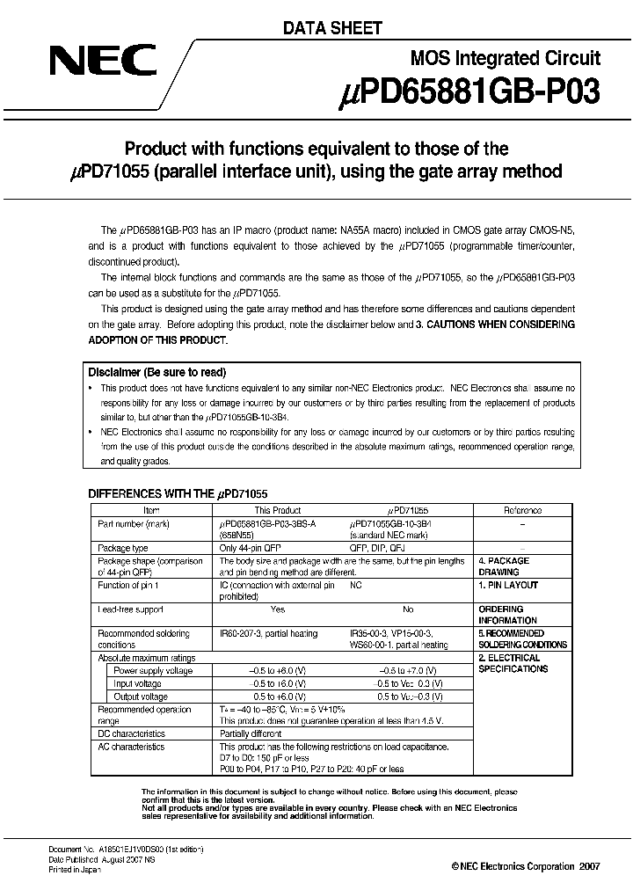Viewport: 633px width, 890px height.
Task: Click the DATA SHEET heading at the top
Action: [331, 28]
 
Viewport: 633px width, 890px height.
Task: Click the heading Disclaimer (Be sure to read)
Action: [157, 372]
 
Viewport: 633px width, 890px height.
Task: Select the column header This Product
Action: [278, 510]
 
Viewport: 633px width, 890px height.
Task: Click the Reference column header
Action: [522, 510]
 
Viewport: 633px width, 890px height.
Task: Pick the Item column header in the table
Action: [152, 510]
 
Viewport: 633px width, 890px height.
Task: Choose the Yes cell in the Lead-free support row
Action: [278, 609]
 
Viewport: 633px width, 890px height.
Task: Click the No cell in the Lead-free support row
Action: [407, 609]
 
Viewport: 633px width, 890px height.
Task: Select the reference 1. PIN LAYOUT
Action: [508, 585]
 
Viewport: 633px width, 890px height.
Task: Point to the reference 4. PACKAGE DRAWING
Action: [504, 565]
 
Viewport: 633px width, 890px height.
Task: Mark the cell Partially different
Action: [251, 733]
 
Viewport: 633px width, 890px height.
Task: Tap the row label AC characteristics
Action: [131, 747]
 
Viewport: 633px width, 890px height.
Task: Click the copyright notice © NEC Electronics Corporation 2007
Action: [526, 866]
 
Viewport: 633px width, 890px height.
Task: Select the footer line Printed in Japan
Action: [74, 870]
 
